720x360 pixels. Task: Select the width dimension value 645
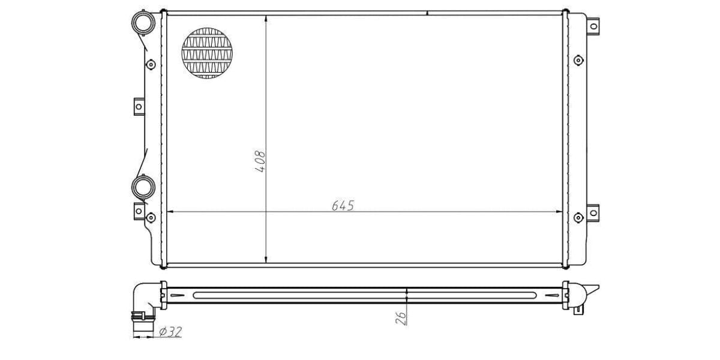[343, 205]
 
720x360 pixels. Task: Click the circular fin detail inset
[207, 53]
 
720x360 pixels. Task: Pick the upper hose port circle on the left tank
[145, 23]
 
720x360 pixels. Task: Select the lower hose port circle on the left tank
[144, 187]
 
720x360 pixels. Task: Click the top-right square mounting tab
[593, 26]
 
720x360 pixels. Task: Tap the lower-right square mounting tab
[593, 212]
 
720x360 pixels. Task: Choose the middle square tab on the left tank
[139, 107]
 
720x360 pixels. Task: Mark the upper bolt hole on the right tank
[578, 60]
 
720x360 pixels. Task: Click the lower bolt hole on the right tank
[578, 217]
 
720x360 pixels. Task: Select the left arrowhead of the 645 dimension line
[169, 212]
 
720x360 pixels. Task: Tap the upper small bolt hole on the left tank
[150, 63]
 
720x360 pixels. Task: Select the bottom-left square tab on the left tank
[139, 211]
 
